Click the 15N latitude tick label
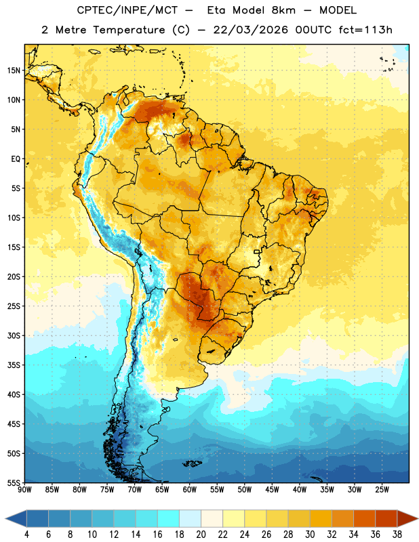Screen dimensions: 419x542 click(14, 70)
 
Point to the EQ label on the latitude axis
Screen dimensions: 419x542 click(16, 159)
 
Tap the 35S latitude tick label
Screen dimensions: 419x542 click(14, 365)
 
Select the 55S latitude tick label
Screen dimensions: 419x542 click(14, 482)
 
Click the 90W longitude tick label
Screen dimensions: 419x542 click(24, 490)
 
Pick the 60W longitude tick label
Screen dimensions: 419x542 click(190, 490)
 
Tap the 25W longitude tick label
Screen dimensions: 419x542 click(382, 490)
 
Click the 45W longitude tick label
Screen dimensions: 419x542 click(272, 490)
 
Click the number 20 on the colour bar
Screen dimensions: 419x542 click(201, 535)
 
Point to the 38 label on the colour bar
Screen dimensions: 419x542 click(397, 535)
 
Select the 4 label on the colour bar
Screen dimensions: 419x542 click(26, 535)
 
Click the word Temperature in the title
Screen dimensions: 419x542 click(129, 30)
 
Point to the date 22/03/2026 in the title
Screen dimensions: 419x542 click(250, 30)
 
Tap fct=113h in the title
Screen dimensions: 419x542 click(365, 30)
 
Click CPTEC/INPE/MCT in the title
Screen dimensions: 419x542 click(127, 10)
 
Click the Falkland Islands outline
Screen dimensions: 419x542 click(193, 463)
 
